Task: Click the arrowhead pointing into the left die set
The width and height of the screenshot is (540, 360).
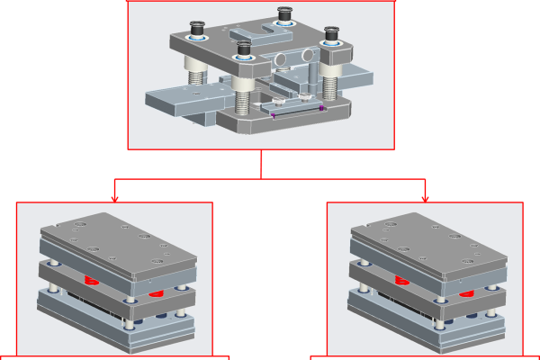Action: pyautogui.click(x=114, y=197)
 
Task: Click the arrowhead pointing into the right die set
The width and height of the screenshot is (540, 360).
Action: pyautogui.click(x=425, y=197)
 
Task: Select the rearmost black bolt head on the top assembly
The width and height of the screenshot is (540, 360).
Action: pyautogui.click(x=284, y=13)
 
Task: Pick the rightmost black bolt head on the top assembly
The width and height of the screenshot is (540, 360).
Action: pyautogui.click(x=331, y=34)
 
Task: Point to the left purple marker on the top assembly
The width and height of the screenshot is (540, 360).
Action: pyautogui.click(x=273, y=115)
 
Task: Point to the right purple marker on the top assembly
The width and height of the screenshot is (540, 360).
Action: pyautogui.click(x=321, y=108)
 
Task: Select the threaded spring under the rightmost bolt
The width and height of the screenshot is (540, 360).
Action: pyautogui.click(x=329, y=86)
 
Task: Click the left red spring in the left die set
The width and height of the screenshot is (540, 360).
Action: pyautogui.click(x=91, y=281)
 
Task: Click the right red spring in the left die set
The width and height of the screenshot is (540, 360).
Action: pyautogui.click(x=156, y=292)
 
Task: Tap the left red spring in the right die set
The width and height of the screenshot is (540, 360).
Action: pyautogui.click(x=401, y=281)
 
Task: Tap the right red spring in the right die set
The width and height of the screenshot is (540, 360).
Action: pyautogui.click(x=466, y=292)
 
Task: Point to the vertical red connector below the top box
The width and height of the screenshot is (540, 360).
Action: pyautogui.click(x=261, y=164)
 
